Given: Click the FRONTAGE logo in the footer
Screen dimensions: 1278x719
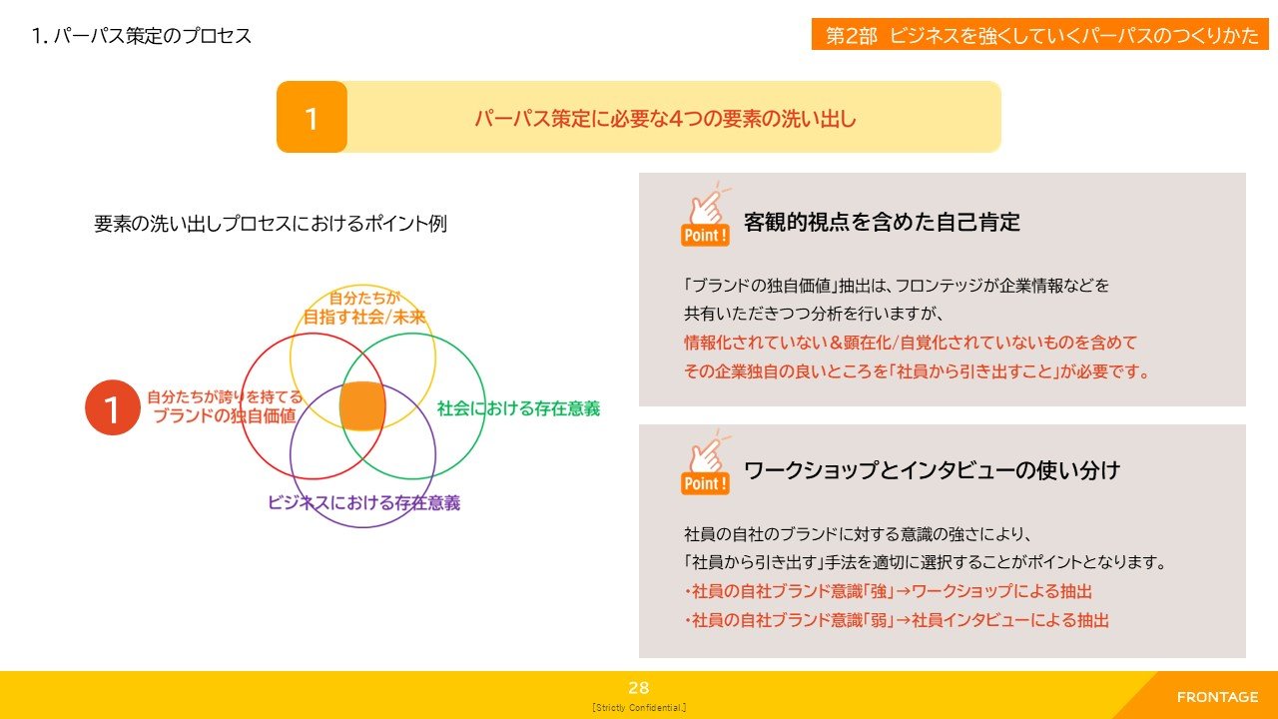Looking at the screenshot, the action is coord(1217,697).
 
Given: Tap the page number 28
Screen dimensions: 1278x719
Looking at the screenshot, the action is coord(638,688).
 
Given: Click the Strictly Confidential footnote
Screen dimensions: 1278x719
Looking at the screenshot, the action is coord(639,708).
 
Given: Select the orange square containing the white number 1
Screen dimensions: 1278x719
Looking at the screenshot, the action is coord(312,117).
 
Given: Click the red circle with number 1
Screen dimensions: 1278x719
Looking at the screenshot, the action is coord(113,407).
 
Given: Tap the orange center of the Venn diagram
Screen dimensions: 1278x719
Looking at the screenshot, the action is coord(362,405).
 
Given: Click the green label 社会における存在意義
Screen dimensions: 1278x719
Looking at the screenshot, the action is coord(518,408).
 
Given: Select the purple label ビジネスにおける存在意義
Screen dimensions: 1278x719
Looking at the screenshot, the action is coord(364,502).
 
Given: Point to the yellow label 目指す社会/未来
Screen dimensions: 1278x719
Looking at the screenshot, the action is coord(364,317).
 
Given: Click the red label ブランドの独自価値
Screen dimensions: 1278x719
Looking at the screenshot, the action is coord(225,415).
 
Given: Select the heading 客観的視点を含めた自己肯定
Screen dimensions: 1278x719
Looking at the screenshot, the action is coord(882,222).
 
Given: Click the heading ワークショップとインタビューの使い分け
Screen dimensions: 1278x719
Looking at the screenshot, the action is coord(933,470).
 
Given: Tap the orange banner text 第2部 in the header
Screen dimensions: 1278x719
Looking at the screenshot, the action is coord(852,35).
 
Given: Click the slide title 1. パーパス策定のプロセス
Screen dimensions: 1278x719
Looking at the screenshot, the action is coord(142,36).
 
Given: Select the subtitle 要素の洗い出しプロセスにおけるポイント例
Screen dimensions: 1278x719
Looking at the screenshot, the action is coord(271,223).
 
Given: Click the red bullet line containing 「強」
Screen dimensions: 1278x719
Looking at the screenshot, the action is coord(889,591).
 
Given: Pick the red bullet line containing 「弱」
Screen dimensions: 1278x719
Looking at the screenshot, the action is coord(897,620).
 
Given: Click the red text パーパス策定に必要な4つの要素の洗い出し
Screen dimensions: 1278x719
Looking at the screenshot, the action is coord(665,119).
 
